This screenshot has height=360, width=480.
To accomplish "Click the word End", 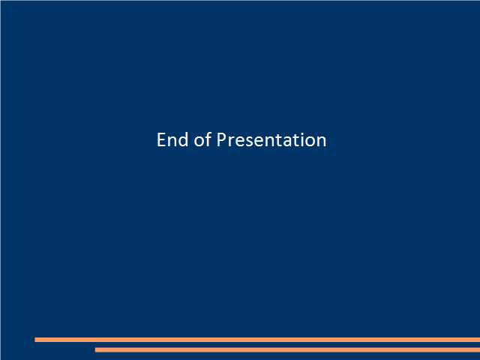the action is coord(172,140).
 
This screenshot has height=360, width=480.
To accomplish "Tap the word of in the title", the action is coord(202,139).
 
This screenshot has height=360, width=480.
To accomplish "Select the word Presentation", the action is coord(271,140).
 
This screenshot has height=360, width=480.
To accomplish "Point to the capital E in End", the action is coord(162,140).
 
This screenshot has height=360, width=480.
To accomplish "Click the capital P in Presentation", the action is coord(222,140).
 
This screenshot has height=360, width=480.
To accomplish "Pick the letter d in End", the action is coord(183,139).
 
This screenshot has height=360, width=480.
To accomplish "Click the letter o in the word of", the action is coord(199,142).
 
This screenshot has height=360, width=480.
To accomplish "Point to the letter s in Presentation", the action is coord(250,142).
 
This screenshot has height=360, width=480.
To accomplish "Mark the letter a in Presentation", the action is coord(288,142).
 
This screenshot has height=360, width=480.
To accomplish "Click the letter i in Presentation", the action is coord(302,140).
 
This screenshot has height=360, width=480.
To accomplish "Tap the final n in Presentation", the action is coord(322,142).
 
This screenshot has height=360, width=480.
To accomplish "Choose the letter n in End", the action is coord(172,142).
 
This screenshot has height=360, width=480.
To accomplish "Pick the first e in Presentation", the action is coord(240,142).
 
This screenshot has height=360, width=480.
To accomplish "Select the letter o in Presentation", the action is coord(310,142).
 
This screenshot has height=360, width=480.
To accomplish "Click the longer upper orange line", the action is coord(257,340).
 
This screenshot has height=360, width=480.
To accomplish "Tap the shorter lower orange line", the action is coord(287,350).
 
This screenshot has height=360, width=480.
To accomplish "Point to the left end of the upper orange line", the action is coord(35,340).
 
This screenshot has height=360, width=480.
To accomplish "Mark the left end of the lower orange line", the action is coord(95,350).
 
